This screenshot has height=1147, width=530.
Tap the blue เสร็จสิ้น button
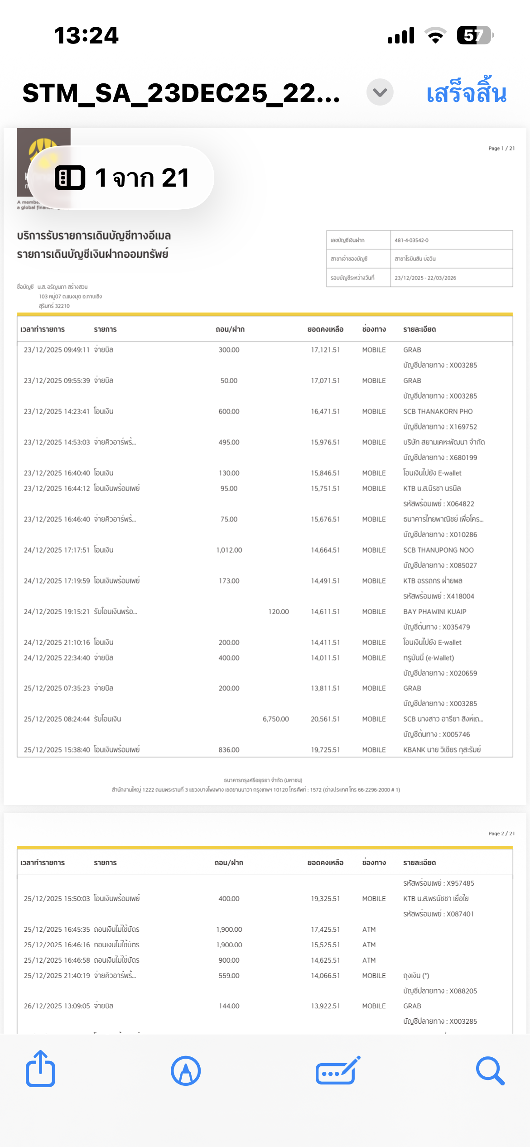[x=466, y=93]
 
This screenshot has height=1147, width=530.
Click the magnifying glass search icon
[x=490, y=1071]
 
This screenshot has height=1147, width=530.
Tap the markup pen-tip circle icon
[x=186, y=1071]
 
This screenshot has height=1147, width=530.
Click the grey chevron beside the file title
[x=380, y=92]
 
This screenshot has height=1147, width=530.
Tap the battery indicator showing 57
[x=474, y=35]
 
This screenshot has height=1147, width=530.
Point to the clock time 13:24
[x=86, y=35]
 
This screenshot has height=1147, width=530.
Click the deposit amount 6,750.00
[x=275, y=719]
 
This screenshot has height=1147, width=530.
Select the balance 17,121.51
[x=325, y=350]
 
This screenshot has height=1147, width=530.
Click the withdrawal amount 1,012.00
[x=229, y=550]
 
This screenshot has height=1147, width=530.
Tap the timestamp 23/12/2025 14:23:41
[x=57, y=411]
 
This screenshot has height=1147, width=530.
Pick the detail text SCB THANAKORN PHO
[x=438, y=411]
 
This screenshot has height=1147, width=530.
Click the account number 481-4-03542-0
[x=411, y=240]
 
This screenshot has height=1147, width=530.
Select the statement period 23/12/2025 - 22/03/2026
[x=425, y=278]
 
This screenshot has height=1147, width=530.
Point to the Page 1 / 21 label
[x=501, y=148]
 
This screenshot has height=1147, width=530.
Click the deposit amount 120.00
[x=278, y=612]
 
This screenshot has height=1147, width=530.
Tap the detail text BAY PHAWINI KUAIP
[x=434, y=612]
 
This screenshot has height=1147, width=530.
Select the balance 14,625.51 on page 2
[x=325, y=960]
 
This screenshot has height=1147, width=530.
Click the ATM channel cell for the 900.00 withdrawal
[x=369, y=960]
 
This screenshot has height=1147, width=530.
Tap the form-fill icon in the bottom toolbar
[x=337, y=1071]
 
